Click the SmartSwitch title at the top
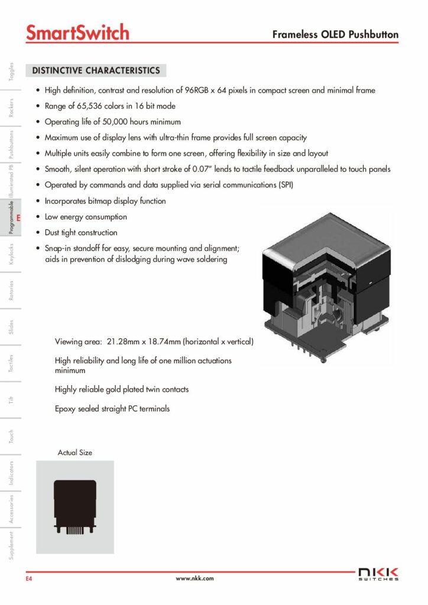(x=77, y=32)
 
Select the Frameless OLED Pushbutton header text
(x=335, y=35)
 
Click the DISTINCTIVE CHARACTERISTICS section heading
(x=96, y=71)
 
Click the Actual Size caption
(x=74, y=453)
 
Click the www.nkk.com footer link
(x=194, y=578)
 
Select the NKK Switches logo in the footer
(x=378, y=574)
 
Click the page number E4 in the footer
(x=28, y=579)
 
